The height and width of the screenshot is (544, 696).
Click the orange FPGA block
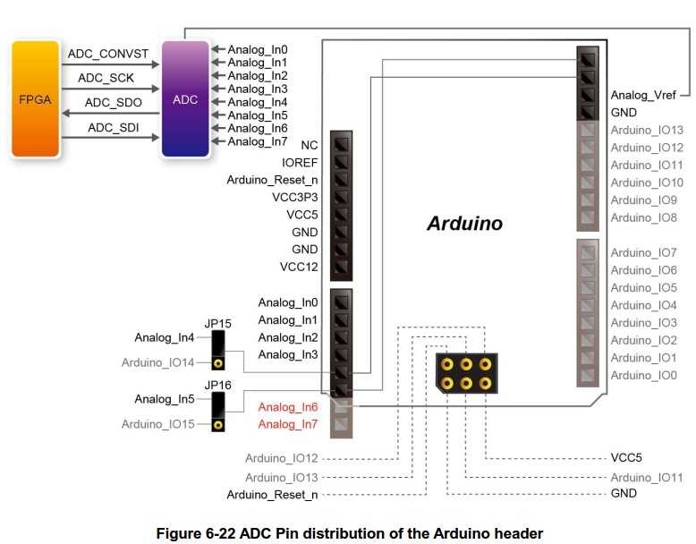[x=35, y=99]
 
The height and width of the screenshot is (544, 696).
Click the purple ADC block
[x=185, y=99]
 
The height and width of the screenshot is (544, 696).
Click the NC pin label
[x=310, y=145]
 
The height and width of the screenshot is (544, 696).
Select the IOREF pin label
[x=300, y=163]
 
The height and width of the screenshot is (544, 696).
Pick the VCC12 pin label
[x=299, y=267]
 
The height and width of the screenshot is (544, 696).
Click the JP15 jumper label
[x=217, y=323]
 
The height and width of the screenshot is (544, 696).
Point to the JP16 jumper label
[x=217, y=385]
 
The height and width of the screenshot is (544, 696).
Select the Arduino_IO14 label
[x=158, y=362]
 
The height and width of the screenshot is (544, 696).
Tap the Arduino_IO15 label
[x=158, y=424]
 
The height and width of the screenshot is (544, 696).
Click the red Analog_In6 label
[x=288, y=407]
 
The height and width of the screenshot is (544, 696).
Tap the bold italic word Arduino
[x=464, y=224]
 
